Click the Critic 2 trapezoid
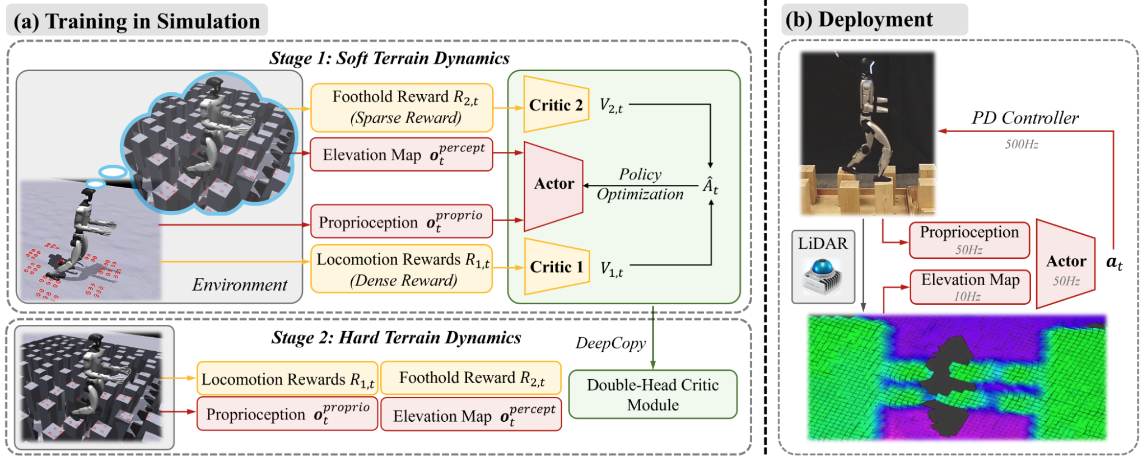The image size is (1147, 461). (x=556, y=105)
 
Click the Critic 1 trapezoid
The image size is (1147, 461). (x=556, y=267)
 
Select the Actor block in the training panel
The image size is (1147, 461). (x=553, y=185)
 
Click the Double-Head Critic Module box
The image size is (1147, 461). (x=652, y=394)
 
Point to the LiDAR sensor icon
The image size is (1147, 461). (x=823, y=274)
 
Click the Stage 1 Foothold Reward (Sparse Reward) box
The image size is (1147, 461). (x=402, y=107)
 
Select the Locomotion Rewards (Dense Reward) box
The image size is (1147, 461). (x=402, y=269)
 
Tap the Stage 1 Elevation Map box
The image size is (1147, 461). (x=402, y=155)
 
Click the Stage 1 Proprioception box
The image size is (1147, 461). (x=402, y=222)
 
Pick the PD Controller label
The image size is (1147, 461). (x=1025, y=118)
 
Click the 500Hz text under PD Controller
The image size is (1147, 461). (x=1022, y=145)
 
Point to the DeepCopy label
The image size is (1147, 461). (x=610, y=343)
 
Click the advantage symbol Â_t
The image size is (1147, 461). (x=710, y=186)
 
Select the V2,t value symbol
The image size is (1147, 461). (x=611, y=106)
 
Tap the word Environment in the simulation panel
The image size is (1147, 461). (x=240, y=285)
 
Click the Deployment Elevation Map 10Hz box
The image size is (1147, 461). (x=970, y=287)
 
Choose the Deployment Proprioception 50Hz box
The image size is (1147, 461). (x=969, y=240)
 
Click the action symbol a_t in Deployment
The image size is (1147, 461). (x=1114, y=262)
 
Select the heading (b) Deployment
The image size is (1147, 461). (x=859, y=20)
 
